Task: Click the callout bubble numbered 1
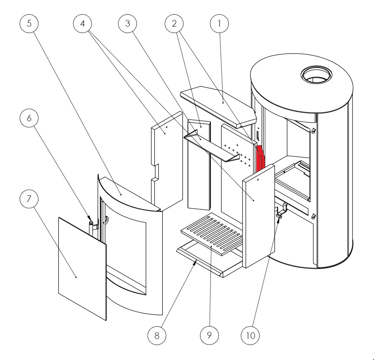219,23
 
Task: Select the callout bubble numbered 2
174,23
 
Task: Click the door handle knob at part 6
91,223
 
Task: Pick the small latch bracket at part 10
280,213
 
